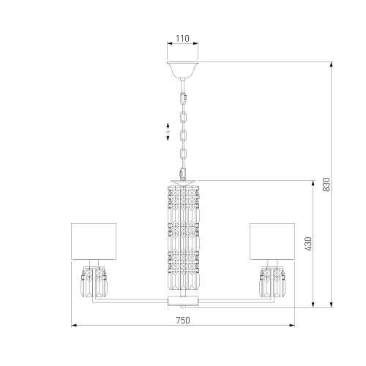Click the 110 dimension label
(x=182, y=38)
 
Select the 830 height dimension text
(x=326, y=184)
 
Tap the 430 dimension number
(x=308, y=244)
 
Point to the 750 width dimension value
(x=183, y=320)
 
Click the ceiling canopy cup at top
(x=182, y=70)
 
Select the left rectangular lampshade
(x=94, y=242)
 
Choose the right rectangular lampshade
(x=272, y=242)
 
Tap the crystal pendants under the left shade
(x=94, y=282)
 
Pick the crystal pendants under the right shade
(x=272, y=282)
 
